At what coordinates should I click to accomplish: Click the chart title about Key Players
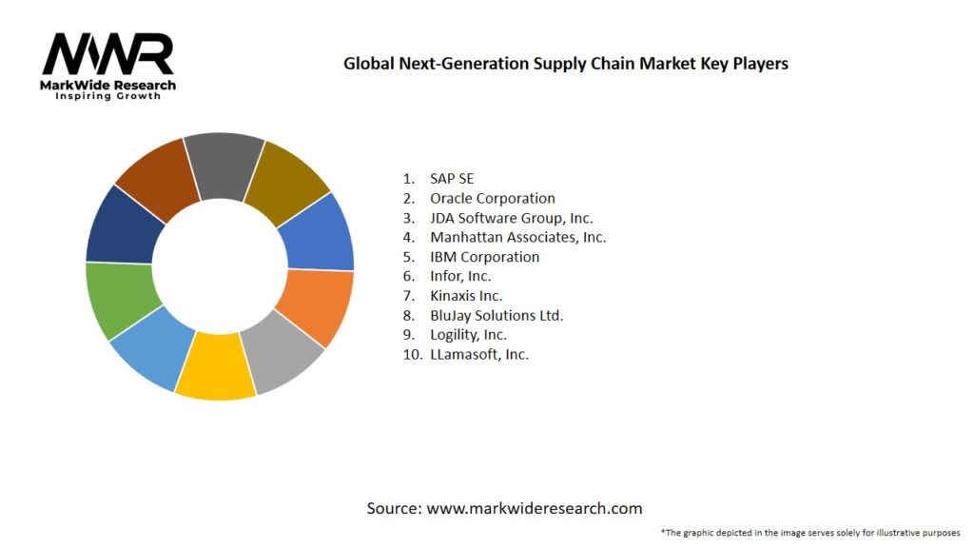(565, 64)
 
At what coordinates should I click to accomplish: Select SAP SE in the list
(451, 179)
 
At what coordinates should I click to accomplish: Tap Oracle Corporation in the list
(492, 198)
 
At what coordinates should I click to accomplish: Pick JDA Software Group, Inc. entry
(511, 218)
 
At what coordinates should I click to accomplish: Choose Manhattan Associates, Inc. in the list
(517, 237)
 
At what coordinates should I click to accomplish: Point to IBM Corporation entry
(484, 257)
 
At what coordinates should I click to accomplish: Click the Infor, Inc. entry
(460, 276)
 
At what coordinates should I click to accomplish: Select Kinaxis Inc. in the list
(466, 296)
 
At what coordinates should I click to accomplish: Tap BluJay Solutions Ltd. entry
(497, 315)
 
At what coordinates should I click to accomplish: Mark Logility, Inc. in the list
(468, 335)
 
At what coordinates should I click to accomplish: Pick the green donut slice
(120, 300)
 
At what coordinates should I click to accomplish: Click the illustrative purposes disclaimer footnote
(809, 532)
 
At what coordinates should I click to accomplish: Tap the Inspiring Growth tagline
(107, 97)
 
